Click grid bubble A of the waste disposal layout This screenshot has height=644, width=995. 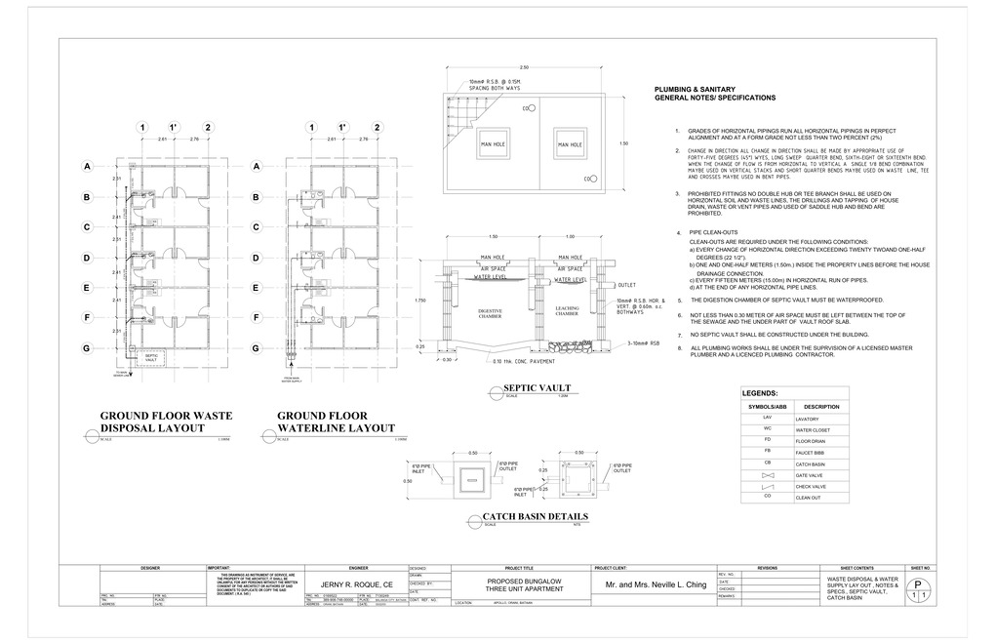tap(87, 168)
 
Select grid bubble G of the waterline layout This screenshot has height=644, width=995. tap(257, 348)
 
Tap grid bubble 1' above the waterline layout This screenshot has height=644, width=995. tap(342, 128)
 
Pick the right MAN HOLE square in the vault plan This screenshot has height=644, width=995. tap(570, 144)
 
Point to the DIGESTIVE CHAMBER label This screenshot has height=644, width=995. tap(490, 312)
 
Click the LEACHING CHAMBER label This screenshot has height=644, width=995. tap(567, 312)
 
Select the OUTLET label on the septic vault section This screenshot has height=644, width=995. tap(626, 285)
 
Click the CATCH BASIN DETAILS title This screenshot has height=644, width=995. tap(536, 517)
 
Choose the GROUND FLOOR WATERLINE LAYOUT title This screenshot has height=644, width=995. tap(337, 422)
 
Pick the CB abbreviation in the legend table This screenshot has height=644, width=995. tap(767, 462)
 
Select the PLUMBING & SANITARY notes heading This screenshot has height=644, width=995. tap(715, 94)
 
